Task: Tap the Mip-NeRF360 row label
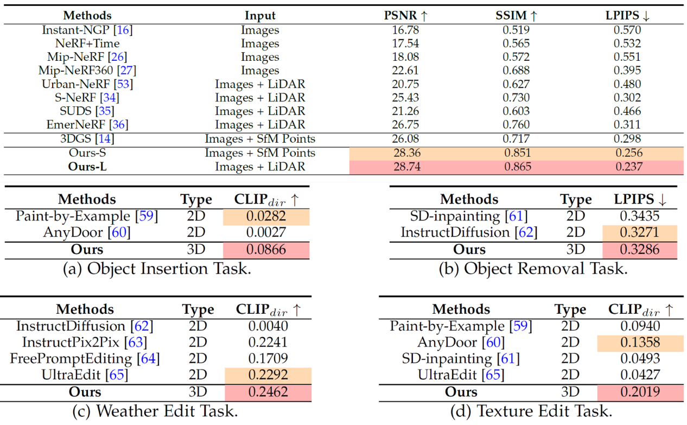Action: [87, 71]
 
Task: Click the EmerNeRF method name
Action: [87, 125]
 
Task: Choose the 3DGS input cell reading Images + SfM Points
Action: [260, 139]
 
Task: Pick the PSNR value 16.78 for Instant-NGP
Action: [405, 30]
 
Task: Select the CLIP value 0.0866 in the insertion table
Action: [266, 250]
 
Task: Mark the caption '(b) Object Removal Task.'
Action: [533, 269]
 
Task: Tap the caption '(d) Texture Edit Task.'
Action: [531, 411]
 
